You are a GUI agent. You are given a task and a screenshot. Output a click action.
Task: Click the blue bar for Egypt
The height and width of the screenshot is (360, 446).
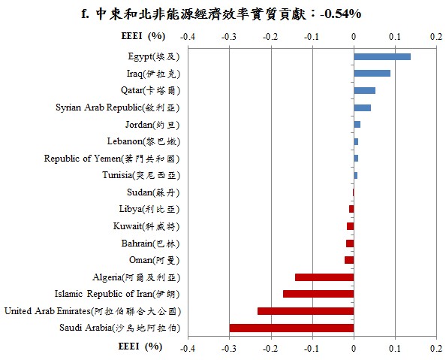pos(382,56)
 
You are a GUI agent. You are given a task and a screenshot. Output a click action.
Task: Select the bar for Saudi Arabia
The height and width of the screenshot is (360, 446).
pos(291,328)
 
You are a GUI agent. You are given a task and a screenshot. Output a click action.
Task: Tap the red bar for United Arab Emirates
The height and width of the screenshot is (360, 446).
pos(306,311)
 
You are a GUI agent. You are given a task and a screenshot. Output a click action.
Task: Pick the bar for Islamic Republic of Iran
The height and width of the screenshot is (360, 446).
pos(318,294)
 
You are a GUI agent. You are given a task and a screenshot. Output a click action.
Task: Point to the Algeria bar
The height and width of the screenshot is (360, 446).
pos(324,277)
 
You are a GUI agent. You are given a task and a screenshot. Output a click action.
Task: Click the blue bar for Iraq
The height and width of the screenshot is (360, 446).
pos(372,74)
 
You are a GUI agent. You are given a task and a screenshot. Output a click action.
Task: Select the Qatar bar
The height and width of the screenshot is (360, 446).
pos(365,91)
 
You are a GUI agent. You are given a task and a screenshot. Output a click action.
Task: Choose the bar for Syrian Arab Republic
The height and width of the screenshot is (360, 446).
pos(363,107)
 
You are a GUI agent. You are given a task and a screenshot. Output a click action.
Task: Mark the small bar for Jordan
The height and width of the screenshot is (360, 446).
pos(357,125)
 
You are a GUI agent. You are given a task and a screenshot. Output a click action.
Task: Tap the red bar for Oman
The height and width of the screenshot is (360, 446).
pos(349,260)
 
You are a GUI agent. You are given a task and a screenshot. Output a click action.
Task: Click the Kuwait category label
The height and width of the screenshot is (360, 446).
pos(146,226)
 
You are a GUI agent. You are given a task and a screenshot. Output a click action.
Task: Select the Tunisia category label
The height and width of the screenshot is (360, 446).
pos(141,175)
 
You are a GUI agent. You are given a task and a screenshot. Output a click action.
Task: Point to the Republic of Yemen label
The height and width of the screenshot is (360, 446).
pos(112,159)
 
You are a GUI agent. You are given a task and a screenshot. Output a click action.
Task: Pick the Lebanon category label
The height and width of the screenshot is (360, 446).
pos(143,141)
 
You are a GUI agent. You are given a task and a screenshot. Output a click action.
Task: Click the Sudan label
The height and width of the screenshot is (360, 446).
pos(153,192)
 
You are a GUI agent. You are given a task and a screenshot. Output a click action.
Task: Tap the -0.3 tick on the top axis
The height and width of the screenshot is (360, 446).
pos(229,37)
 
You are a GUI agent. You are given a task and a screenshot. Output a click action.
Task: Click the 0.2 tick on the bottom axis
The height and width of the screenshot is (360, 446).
pos(436,349)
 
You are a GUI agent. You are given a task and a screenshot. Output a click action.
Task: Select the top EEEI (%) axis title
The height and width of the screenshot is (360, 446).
pos(143,36)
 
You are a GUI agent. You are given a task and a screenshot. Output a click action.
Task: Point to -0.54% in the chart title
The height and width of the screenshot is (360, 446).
pos(340,14)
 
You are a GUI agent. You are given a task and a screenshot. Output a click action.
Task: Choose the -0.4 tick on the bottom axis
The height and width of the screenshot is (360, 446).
pos(188,349)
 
